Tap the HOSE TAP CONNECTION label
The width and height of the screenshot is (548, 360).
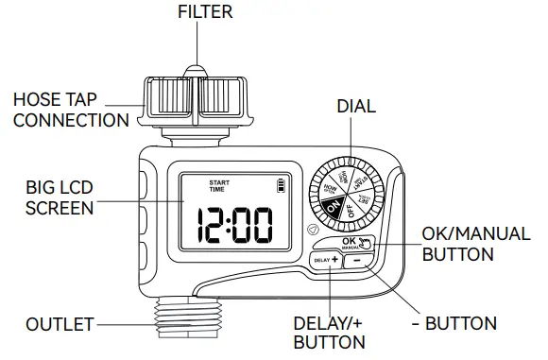[70, 110]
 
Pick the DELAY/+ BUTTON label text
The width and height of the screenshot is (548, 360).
[329, 332]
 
